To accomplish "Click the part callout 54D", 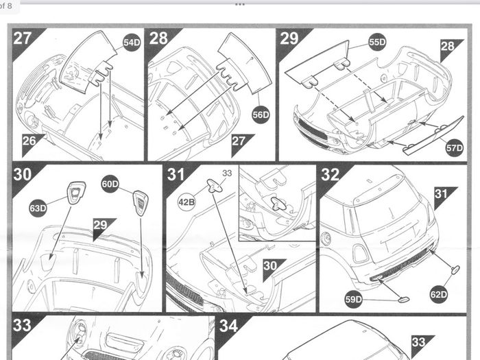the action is [132, 43].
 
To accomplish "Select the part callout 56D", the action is [261, 115].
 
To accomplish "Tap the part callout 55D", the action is [377, 42].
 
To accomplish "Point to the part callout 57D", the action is [454, 148].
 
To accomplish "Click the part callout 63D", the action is [38, 208].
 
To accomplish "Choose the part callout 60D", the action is [110, 184].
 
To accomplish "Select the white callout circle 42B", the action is [187, 202].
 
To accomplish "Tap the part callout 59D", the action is [354, 299].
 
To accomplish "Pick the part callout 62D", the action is [439, 294].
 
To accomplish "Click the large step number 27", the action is [23, 38].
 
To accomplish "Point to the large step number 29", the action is [289, 38].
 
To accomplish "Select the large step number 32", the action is [331, 174].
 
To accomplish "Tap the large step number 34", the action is [228, 326].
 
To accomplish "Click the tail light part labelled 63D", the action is [76, 193].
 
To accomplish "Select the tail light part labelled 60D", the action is [141, 203].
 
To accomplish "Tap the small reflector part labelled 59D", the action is [403, 299].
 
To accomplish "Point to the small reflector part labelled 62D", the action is [455, 269].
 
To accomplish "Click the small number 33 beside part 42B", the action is [227, 173].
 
